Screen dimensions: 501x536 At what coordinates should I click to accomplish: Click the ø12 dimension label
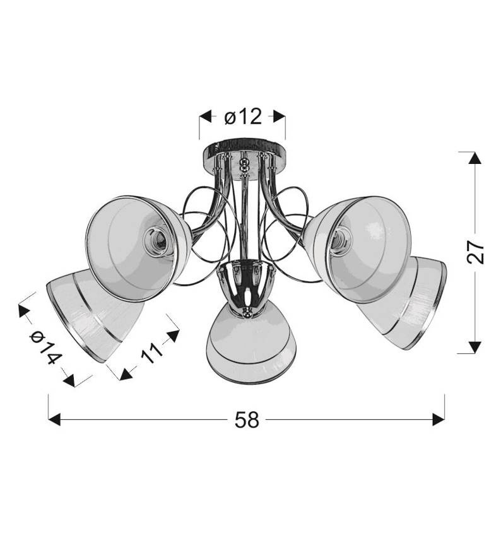243,117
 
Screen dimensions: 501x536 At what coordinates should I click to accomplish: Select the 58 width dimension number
247,420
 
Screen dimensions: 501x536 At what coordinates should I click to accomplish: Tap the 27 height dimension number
475,252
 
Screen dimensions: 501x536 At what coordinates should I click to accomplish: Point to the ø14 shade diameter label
46,347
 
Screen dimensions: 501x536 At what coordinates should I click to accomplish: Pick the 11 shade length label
152,352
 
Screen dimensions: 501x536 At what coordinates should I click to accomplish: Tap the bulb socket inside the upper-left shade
156,242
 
